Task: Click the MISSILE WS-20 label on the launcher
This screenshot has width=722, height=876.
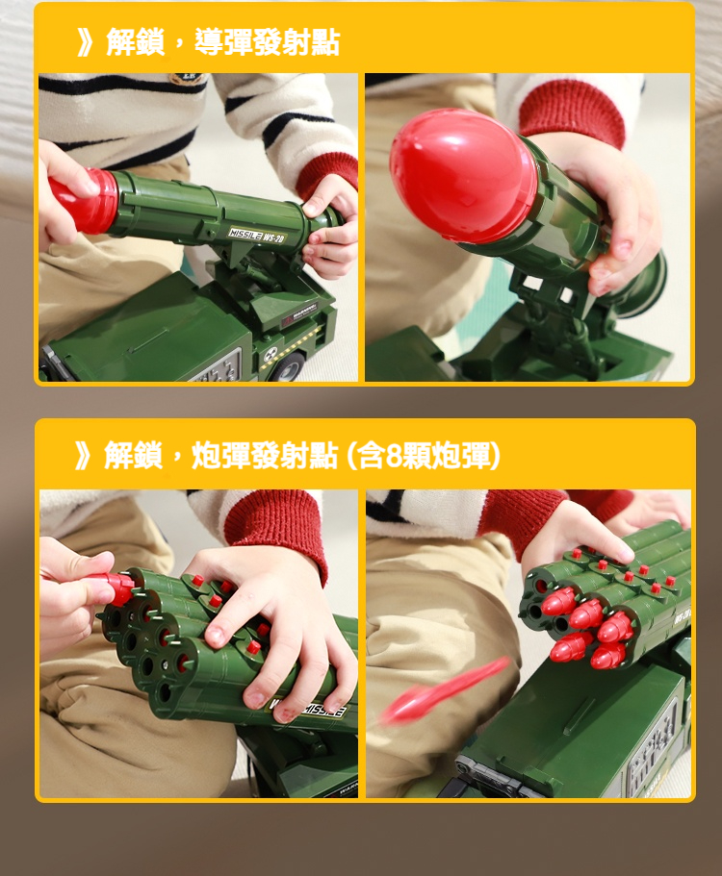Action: (x=257, y=236)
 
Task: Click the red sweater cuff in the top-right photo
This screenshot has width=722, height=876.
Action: (x=573, y=111)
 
